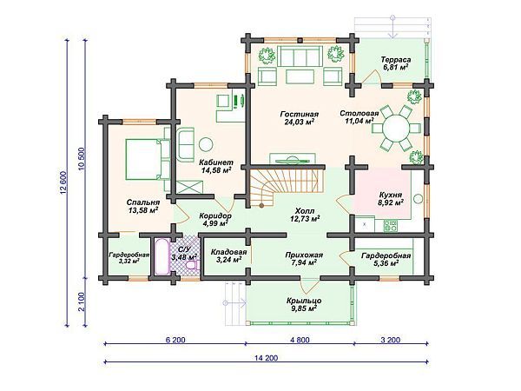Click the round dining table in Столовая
(395, 128)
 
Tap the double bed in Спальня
(144, 159)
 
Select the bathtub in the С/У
(162, 256)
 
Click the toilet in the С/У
(191, 266)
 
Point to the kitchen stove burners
(390, 226)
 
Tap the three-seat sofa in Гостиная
(300, 56)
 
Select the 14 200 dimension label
(266, 358)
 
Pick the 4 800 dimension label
(300, 340)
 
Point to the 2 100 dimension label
(82, 302)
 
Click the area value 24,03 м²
(300, 122)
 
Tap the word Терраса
(396, 60)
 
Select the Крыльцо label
(304, 301)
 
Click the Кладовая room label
(228, 252)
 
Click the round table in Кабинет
(206, 144)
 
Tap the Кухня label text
(391, 195)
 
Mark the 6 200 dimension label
(175, 340)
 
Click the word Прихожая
(304, 255)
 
